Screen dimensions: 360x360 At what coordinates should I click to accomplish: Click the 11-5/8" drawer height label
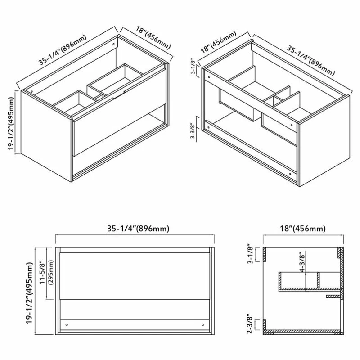[43, 272]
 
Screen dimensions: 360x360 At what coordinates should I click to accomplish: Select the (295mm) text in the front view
[51, 272]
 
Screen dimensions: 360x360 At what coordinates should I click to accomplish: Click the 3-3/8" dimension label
[193, 131]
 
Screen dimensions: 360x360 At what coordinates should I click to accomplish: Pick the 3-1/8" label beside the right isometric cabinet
[193, 67]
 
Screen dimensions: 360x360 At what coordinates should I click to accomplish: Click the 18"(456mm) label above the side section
[302, 229]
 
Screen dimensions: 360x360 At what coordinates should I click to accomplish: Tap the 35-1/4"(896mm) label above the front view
[138, 229]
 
